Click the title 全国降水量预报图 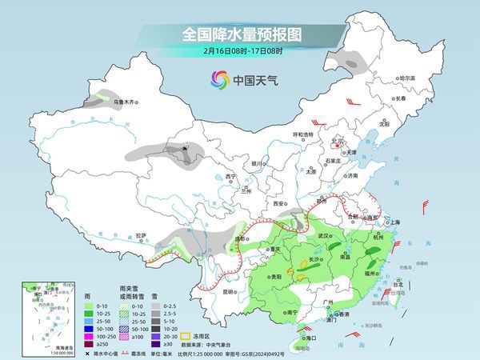[239, 34]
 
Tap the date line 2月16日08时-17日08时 [239, 52]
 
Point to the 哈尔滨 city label [408, 78]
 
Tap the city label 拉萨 [142, 235]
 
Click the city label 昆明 [228, 291]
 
